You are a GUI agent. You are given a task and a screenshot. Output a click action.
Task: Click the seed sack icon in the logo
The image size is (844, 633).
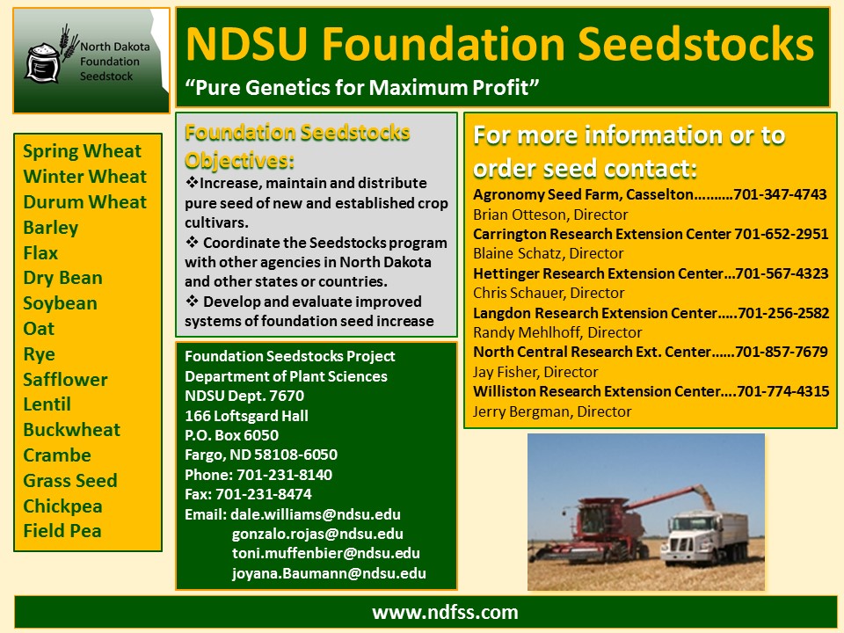tap(42, 63)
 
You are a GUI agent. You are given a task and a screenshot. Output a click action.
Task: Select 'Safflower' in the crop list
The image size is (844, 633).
tap(65, 380)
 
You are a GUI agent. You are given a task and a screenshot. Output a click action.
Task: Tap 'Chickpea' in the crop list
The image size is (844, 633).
tap(62, 506)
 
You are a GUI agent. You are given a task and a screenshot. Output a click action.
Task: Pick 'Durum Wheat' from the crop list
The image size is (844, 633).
tap(84, 202)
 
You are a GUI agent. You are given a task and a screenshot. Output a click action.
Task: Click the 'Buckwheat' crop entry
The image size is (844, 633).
tap(71, 430)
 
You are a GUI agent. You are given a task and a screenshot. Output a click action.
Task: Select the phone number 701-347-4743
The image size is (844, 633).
tap(780, 194)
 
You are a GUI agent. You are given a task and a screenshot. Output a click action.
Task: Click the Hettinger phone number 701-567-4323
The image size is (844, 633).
tap(782, 273)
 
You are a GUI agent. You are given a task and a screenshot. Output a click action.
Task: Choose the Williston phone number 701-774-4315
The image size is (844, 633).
tap(783, 391)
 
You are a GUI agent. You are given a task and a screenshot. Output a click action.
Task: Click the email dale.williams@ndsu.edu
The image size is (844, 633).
tap(316, 514)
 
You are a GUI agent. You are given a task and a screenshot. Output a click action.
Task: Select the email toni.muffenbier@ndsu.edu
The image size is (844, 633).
tap(325, 553)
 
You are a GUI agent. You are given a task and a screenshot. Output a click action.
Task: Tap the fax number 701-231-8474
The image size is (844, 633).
tap(263, 494)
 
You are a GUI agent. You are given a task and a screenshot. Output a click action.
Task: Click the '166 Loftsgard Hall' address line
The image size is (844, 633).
tap(246, 416)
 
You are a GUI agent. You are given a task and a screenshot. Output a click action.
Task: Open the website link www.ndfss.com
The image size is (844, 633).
tap(445, 613)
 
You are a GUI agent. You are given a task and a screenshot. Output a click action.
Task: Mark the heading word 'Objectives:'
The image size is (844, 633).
tap(239, 160)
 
